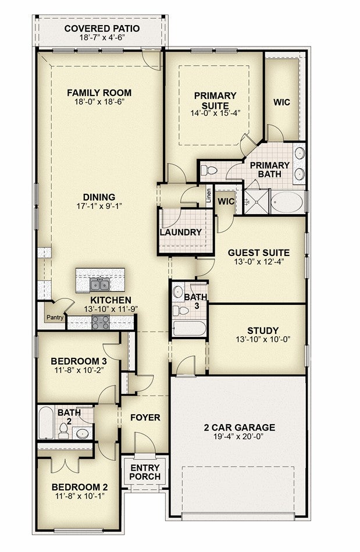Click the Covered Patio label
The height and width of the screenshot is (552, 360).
pos(102,29)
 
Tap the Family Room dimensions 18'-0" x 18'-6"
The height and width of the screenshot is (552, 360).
pos(99,102)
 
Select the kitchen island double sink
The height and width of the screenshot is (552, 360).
pos(99,284)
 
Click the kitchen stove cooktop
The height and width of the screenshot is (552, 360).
pos(101,322)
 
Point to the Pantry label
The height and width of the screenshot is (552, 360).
pos(55,317)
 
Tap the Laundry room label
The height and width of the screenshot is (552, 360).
pos(180,232)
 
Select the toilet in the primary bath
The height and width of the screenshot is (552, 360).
pos(209,171)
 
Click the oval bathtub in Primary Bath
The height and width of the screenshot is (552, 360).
pos(287,202)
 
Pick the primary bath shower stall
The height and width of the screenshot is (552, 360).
pos(256,202)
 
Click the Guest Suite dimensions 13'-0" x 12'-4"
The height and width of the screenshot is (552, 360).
pos(259,262)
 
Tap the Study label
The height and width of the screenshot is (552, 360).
pos(263,330)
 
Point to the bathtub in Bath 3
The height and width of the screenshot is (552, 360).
pos(190,329)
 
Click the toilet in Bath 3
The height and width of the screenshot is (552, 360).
pos(181,311)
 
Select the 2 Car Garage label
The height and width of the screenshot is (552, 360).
pos(240,428)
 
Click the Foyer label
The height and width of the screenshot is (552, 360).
pos(145,418)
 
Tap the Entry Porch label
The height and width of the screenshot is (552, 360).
pos(145,472)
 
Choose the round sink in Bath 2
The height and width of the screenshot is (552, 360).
pos(83,433)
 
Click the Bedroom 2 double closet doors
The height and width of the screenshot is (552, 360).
pos(64,465)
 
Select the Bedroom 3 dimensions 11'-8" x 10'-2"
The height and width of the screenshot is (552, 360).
pos(79,370)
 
